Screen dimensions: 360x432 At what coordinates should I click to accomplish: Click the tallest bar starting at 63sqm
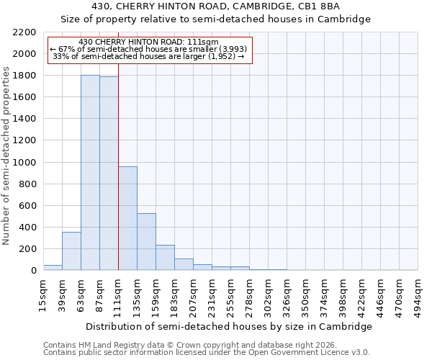(90, 173)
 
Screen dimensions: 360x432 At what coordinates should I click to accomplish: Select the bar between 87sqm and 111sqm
(109, 174)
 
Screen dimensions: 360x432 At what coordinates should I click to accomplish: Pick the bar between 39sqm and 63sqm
(71, 251)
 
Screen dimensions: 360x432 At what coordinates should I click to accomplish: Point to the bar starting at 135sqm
(146, 242)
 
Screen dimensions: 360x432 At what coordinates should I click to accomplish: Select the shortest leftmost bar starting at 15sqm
(53, 268)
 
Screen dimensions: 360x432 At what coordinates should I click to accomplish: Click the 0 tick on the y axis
(33, 271)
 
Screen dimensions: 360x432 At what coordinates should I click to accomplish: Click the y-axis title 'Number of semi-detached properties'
(7, 156)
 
